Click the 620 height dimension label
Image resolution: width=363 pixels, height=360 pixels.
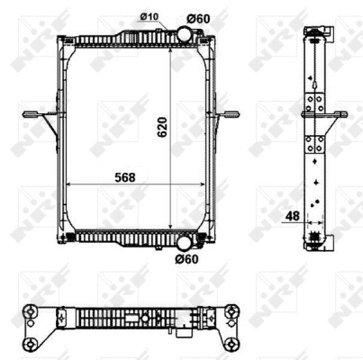click(162, 127)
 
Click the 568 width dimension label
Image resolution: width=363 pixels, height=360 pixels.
click(125, 177)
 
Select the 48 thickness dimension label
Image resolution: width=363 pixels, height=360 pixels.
click(292, 216)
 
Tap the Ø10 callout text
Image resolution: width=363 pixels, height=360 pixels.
click(150, 17)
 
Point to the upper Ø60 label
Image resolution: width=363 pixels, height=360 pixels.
click(198, 19)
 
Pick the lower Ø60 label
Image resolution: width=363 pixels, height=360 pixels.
click(186, 259)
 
